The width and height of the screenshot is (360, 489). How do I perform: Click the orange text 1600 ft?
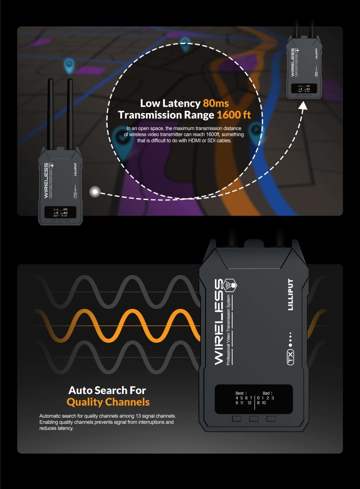click(x=234, y=115)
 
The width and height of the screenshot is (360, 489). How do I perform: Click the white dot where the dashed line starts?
click(x=95, y=192)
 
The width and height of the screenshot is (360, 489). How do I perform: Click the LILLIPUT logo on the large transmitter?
click(x=290, y=295)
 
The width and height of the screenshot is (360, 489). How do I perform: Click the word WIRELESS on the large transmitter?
click(x=219, y=322)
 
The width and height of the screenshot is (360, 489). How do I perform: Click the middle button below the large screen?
click(x=254, y=419)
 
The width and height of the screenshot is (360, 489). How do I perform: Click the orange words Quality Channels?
click(x=108, y=402)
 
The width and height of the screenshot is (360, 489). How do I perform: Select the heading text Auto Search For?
click(x=107, y=390)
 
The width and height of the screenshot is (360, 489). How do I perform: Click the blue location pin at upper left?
click(x=68, y=65)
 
